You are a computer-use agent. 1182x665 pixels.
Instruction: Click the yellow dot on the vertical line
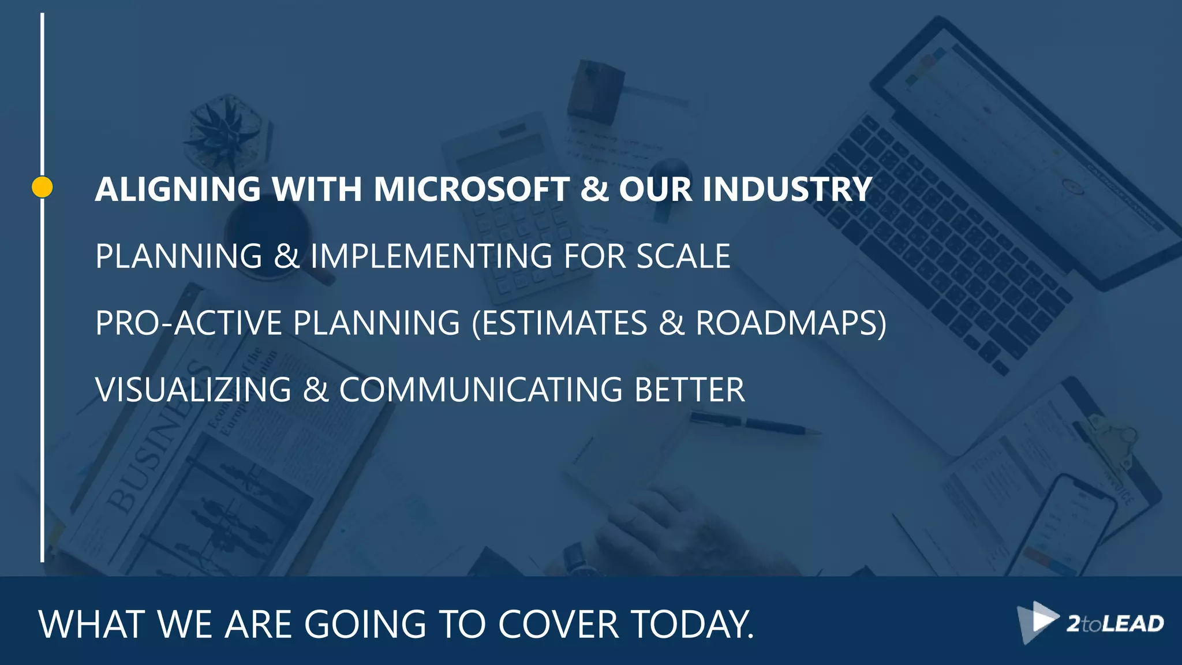click(42, 187)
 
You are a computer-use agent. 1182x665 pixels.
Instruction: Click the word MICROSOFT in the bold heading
click(472, 189)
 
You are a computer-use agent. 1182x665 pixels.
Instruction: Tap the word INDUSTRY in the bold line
click(787, 189)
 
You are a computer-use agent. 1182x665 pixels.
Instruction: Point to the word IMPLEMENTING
click(431, 256)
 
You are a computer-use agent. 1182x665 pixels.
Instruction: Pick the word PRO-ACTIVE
click(188, 323)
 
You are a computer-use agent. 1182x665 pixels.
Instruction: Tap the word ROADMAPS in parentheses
click(790, 323)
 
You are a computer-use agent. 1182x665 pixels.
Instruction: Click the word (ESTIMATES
click(559, 323)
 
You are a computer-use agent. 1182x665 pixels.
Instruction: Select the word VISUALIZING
click(193, 390)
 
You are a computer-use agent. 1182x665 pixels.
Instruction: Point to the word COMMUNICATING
click(481, 390)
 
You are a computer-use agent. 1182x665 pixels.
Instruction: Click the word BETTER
click(689, 390)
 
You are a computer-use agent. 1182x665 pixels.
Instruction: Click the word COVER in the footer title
click(558, 624)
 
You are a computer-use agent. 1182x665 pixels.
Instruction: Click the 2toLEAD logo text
click(1114, 624)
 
